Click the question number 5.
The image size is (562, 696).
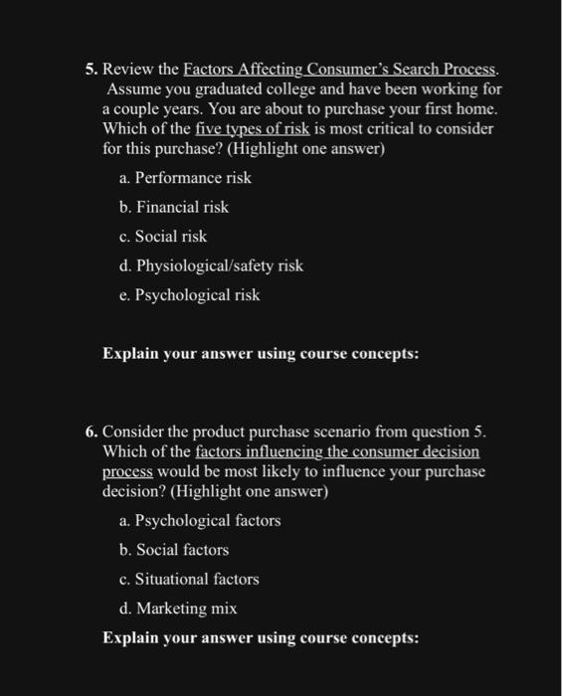[90, 71]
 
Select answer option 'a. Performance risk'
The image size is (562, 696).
[184, 178]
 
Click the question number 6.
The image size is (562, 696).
[91, 433]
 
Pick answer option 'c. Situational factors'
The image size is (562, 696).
[188, 579]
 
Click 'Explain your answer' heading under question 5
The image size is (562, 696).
[261, 353]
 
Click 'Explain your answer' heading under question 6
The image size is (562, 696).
[261, 637]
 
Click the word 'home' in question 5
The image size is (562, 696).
[472, 109]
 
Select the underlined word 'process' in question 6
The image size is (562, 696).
[125, 471]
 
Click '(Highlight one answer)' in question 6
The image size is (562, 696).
[266, 491]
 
